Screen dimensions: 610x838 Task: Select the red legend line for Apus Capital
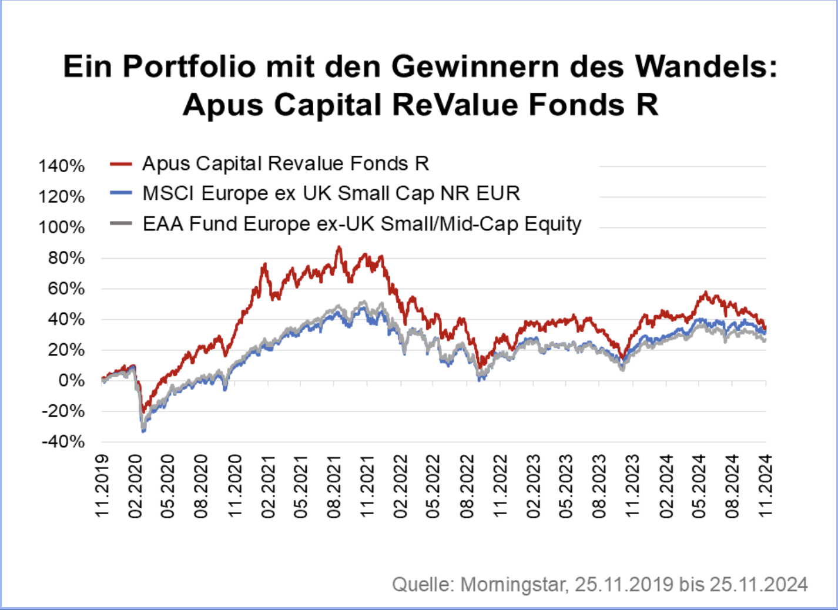(120, 164)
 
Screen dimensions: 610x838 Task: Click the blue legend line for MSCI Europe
(120, 194)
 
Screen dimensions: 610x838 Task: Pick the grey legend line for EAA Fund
(120, 224)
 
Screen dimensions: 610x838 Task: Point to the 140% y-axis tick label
(62, 166)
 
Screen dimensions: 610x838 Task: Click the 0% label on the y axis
(71, 381)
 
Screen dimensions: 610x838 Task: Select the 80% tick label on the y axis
(66, 258)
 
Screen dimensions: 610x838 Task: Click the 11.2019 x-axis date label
(102, 486)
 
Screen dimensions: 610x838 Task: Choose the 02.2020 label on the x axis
(136, 486)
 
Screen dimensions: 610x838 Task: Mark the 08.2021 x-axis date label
(334, 486)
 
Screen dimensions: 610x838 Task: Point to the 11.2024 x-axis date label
(766, 486)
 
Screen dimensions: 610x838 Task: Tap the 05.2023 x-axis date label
(567, 486)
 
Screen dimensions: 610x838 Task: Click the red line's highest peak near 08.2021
(338, 247)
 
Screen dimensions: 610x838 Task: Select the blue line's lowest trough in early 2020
(143, 432)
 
